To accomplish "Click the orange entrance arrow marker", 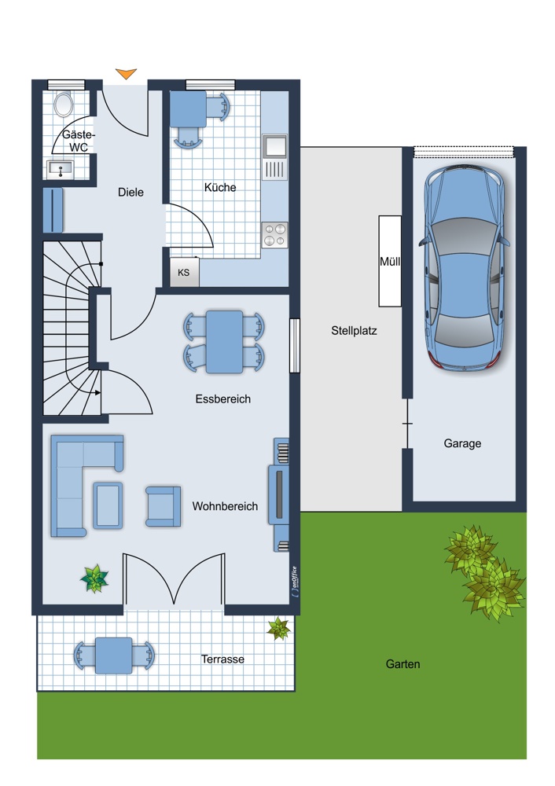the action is coord(126,74).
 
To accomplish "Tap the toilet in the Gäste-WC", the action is coord(64,105).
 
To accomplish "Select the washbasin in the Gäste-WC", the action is coord(61,170).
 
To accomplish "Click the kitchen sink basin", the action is coord(274,146).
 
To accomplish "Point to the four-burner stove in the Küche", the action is coord(274,235).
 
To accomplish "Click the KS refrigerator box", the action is coord(185,273).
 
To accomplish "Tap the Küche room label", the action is coord(220,188).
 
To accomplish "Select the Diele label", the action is coord(130,192).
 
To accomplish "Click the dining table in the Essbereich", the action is coord(224,342).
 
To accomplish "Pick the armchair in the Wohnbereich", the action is coord(164,506).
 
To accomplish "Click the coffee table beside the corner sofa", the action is coord(108,505).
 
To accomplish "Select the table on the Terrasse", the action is coord(114,656).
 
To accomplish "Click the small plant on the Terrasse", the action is coord(279,628).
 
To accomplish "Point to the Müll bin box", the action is coord(390,261).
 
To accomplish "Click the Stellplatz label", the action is coord(354,331).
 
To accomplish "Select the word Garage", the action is coord(462,443).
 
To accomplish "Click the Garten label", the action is coord(402,664).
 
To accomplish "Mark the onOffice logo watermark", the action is coord(294,581).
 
